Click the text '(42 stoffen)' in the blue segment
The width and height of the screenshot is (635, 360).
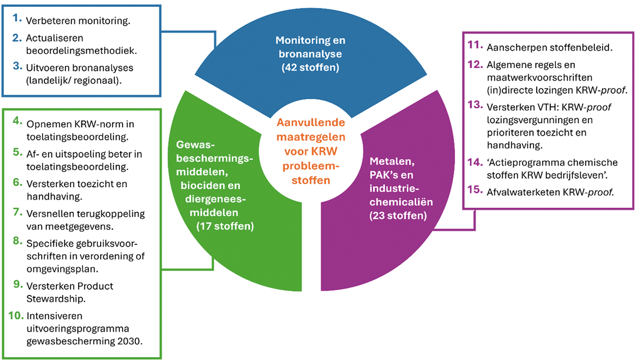(x=310, y=66)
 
